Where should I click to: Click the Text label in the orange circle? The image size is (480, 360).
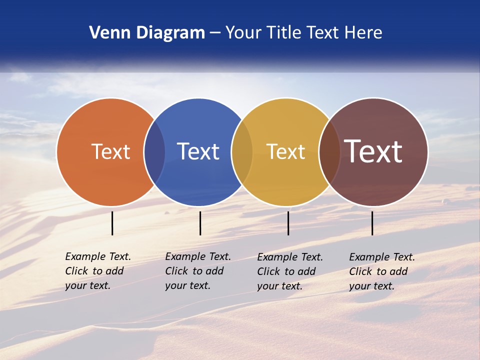[110, 151]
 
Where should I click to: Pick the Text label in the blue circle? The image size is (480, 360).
[198, 151]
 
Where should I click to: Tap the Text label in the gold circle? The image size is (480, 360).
[285, 151]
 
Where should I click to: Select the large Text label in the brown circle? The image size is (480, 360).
[373, 151]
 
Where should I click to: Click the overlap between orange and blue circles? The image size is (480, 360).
[154, 152]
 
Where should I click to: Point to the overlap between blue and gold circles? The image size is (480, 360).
[242, 152]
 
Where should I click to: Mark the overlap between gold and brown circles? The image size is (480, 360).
[329, 152]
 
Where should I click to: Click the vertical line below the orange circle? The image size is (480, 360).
[112, 223]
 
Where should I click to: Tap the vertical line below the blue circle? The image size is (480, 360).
[200, 223]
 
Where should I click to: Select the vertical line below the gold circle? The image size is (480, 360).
[288, 223]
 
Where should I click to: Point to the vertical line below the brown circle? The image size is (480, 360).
[372, 223]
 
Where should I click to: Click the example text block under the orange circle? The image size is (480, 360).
[97, 271]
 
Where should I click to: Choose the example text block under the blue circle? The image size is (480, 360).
[197, 271]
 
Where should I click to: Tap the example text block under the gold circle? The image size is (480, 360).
[289, 271]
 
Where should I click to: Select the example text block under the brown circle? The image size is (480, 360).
[381, 271]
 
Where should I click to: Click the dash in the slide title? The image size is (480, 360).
[215, 33]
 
